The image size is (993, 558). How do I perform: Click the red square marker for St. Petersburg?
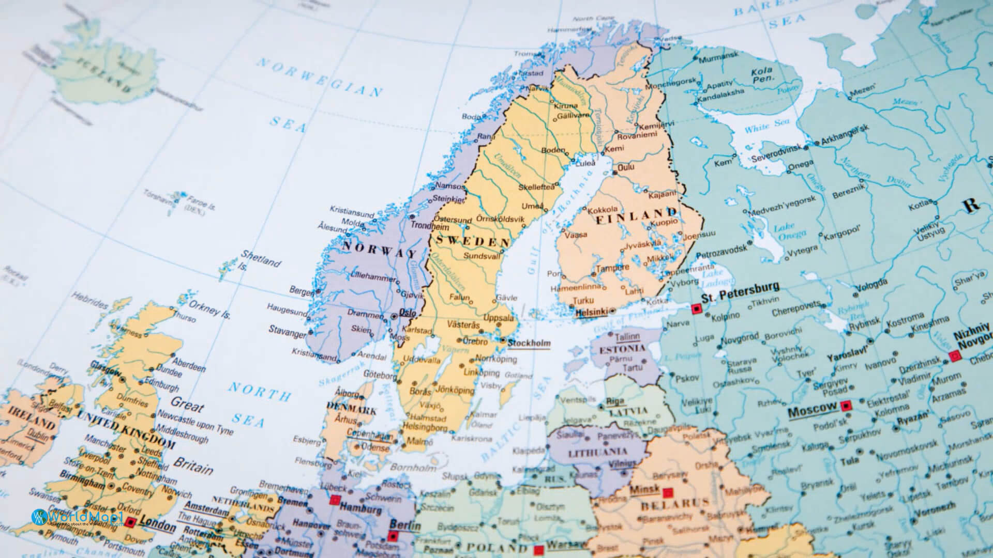pos(696,308)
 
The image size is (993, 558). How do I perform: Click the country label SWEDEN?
pos(473,241)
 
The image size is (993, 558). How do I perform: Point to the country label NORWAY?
pos(379,250)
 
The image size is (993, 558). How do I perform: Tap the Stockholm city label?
pos(529,343)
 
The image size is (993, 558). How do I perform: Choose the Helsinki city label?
pos(591,312)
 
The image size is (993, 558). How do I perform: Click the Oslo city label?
pos(408,313)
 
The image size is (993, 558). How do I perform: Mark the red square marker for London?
pos(130,523)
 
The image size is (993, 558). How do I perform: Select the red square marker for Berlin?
pos(393,537)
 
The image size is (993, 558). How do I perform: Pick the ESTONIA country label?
pos(622,349)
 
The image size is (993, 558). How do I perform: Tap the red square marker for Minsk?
pos(668,493)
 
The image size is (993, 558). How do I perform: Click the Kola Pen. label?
pos(762,74)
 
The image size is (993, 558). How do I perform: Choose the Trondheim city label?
pos(429,226)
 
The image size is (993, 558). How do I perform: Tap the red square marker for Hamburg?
pos(335,500)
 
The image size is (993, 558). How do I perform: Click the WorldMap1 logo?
pos(78,518)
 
